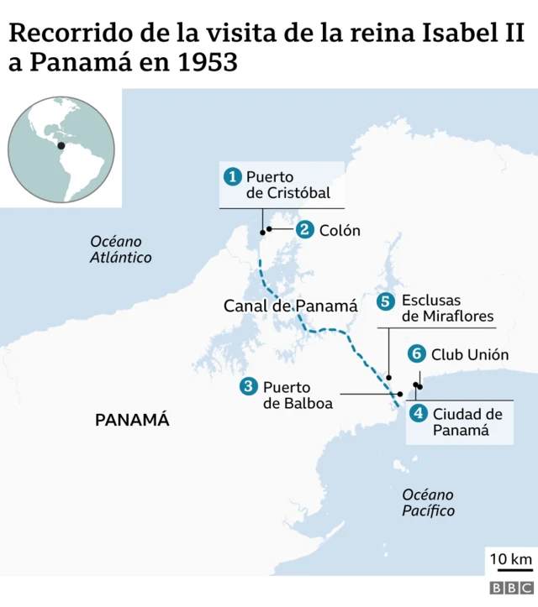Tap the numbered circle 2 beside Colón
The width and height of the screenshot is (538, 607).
pos(304,229)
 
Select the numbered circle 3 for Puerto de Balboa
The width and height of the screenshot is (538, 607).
pos(248,386)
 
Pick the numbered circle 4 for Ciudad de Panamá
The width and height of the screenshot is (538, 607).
pos(418,413)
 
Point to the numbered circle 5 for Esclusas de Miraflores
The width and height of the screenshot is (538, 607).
pos(386,301)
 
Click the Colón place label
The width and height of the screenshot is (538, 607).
pos(340,229)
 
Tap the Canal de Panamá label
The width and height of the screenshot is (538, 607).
pos(290,306)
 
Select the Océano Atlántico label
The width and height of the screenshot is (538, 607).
pos(120,249)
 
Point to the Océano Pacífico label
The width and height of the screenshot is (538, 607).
pos(428,502)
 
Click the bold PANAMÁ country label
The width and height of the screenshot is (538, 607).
pos(132,420)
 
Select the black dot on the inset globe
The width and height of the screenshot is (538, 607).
pos(61,145)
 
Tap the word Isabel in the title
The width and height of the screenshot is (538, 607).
pos(455,34)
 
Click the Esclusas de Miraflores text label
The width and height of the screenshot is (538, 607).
pos(446,308)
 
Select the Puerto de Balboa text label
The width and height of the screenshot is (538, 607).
pos(298,395)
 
